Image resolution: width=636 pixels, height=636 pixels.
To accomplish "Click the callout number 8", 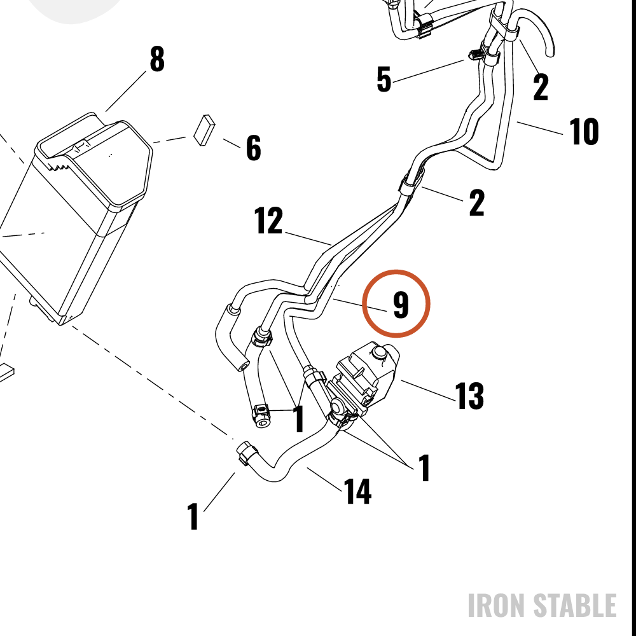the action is tap(157, 59).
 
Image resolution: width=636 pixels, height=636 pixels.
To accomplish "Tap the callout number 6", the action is tap(254, 148).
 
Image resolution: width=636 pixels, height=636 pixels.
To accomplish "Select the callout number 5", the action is tap(384, 79).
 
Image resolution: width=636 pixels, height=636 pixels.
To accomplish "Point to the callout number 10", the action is tap(584, 132).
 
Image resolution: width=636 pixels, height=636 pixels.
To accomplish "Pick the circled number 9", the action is tap(401, 304).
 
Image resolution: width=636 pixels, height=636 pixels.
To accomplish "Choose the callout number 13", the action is tap(469, 396).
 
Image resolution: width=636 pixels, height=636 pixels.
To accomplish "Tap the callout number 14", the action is tap(357, 491).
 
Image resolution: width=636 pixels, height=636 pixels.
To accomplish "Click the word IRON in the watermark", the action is tap(498, 605).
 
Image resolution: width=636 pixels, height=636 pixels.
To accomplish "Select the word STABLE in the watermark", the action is tap(575, 605).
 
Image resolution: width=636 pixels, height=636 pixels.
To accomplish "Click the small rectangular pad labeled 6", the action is tap(204, 130).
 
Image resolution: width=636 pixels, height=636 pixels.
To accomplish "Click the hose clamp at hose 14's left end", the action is tap(246, 453).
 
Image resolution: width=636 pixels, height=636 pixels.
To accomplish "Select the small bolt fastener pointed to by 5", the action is tap(476, 54).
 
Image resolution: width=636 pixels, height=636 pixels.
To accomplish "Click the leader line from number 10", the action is tap(540, 128).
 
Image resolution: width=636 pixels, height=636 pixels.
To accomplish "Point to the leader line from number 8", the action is tap(126, 91).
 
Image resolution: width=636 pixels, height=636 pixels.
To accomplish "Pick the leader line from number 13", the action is tap(428, 391).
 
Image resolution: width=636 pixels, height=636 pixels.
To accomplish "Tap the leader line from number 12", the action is tap(308, 239).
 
